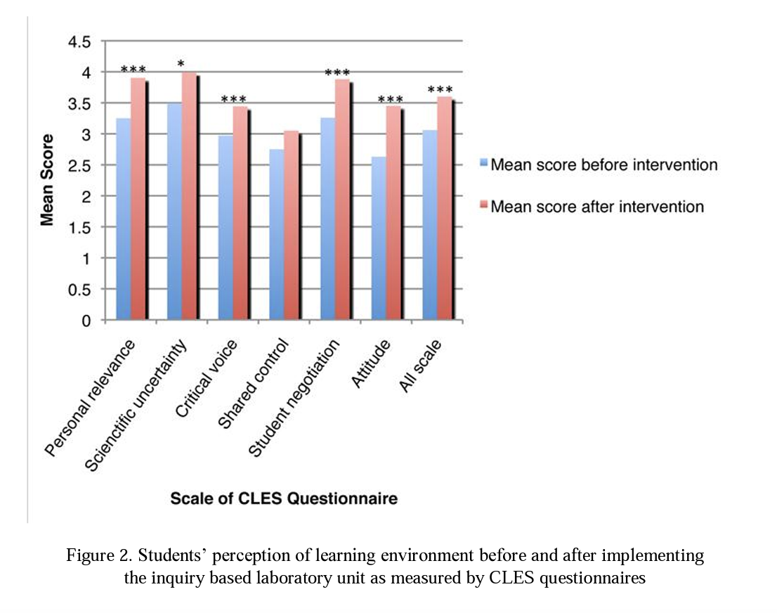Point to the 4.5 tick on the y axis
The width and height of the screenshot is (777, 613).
(79, 42)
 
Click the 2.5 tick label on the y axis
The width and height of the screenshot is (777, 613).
(79, 166)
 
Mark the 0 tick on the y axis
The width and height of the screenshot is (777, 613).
(86, 321)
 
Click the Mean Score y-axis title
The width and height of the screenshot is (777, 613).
(47, 180)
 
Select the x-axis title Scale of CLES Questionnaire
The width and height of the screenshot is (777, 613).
(284, 498)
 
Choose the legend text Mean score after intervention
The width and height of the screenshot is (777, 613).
(597, 207)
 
